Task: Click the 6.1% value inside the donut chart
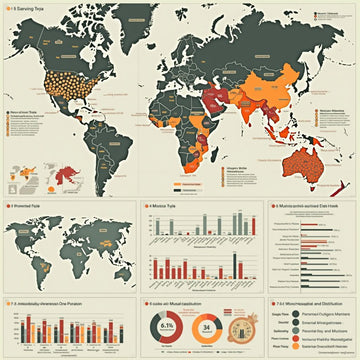click(168, 326)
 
